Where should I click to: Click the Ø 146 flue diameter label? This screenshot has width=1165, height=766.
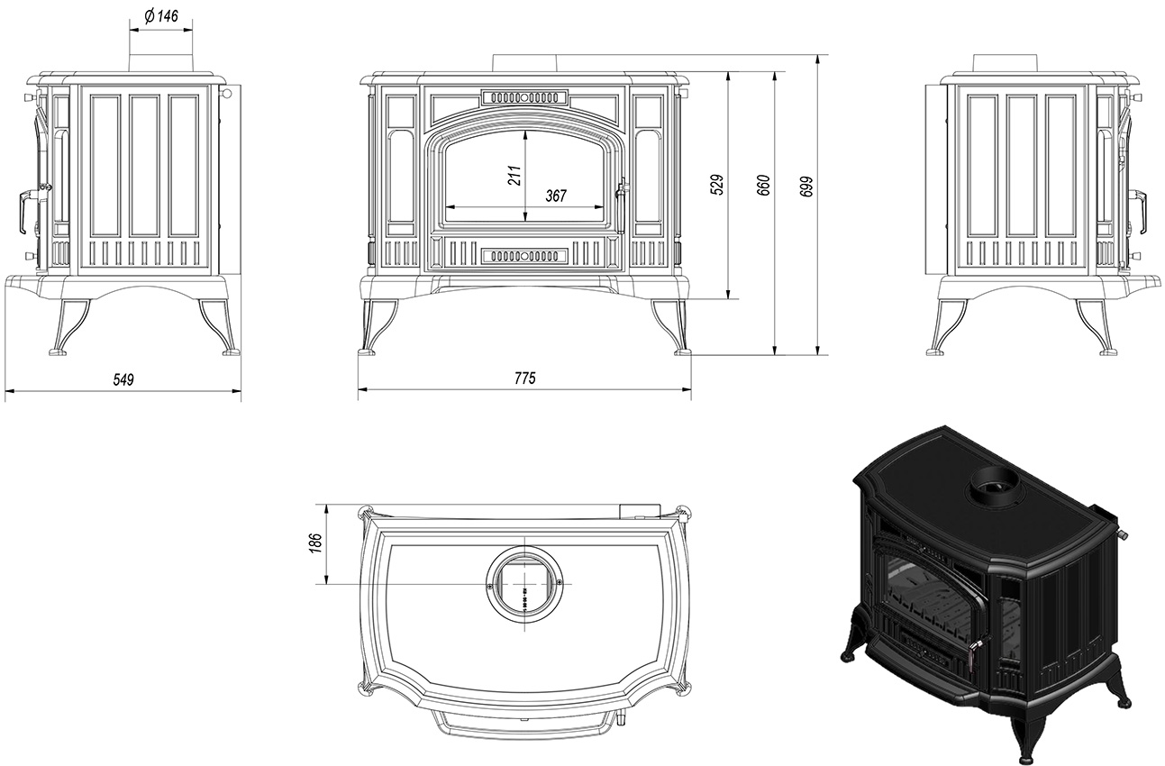[x=160, y=16]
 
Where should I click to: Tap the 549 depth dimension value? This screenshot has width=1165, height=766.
[x=123, y=380]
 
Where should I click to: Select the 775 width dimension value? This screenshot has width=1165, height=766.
[x=524, y=378]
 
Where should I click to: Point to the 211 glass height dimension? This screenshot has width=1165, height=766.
[x=514, y=176]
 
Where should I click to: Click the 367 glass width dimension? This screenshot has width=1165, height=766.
[x=555, y=196]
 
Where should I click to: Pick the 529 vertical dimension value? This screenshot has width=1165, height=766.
[x=717, y=185]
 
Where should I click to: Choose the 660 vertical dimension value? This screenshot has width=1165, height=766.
[x=763, y=186]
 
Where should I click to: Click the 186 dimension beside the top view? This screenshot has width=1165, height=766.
[x=315, y=543]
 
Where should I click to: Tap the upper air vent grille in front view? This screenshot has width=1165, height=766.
[x=524, y=97]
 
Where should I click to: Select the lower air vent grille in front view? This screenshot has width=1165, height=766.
[x=524, y=256]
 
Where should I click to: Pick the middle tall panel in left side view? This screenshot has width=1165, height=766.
[x=145, y=166]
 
